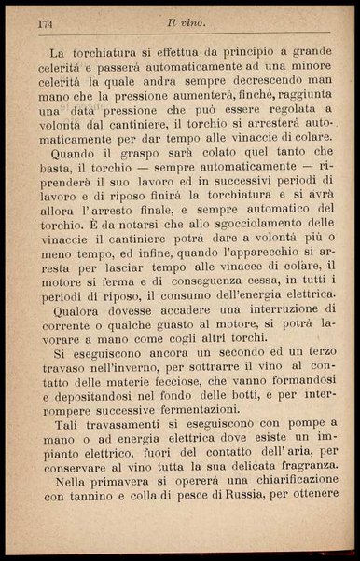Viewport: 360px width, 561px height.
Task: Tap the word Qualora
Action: coord(78,314)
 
